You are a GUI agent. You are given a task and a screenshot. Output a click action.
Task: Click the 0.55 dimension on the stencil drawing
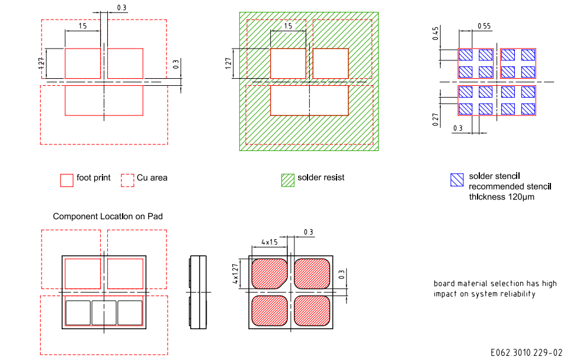[x=484, y=26]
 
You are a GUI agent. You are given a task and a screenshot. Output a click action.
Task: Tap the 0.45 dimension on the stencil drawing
[x=435, y=33]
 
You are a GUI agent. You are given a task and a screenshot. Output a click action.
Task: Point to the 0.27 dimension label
[x=435, y=119]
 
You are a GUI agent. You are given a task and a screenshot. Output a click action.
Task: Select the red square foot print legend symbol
[x=67, y=180]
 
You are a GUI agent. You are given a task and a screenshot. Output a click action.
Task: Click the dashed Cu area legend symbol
[x=127, y=180]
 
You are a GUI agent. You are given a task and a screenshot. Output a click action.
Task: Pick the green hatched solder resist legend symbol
[x=288, y=180]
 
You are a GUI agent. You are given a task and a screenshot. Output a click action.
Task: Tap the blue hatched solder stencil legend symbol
[x=457, y=180]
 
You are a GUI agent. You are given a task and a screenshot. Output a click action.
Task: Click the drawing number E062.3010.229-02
[x=527, y=352]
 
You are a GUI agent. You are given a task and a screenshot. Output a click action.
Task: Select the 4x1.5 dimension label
[x=270, y=242]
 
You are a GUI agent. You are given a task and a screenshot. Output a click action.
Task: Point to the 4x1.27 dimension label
[x=235, y=274]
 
